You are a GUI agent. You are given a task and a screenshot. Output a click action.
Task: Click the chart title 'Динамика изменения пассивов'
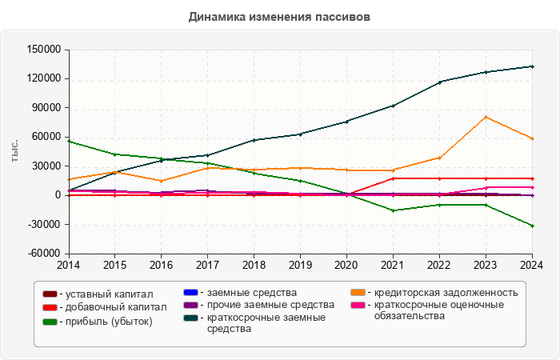[280, 16]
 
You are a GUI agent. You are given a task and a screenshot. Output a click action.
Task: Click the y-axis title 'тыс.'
[14, 151]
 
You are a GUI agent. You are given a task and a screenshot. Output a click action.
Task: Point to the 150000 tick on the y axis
[45, 50]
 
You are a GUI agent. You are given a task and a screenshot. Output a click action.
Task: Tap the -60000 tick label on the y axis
[45, 254]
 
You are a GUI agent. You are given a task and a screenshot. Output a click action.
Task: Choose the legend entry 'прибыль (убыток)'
[108, 322]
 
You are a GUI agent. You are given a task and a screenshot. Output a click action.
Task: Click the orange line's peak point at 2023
[486, 117]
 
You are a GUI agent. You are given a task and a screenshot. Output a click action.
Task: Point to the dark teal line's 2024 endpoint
[532, 66]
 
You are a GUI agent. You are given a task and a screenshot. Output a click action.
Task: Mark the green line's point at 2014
[69, 141]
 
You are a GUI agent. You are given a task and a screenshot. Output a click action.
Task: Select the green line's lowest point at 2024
[532, 226]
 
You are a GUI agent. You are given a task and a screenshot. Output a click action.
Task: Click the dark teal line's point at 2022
[439, 82]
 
